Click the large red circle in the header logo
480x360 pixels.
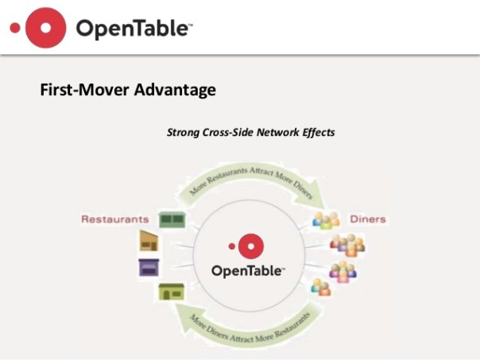point(46,28)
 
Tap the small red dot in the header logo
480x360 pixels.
point(14,28)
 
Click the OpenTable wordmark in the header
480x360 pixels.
point(134,29)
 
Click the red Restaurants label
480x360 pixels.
point(114,219)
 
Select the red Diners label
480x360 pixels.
point(366,219)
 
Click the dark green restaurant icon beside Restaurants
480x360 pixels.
point(172,219)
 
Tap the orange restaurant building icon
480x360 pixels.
point(149,242)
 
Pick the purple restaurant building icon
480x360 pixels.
point(149,267)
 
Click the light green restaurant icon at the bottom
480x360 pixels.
point(171,292)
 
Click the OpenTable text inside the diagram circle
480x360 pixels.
point(247,271)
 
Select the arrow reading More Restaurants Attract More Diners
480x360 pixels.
point(250,180)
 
